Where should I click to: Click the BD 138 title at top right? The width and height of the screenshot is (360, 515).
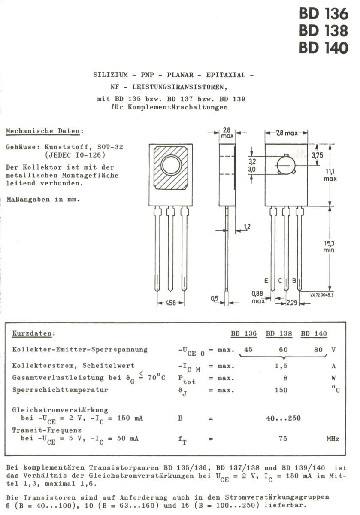click(x=324, y=31)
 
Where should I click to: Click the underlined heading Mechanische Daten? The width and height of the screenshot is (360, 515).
click(x=45, y=131)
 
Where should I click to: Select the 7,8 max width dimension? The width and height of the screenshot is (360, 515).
click(x=286, y=133)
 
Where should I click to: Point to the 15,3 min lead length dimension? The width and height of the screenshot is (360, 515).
click(x=329, y=246)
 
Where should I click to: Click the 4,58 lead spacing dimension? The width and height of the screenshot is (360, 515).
click(x=170, y=303)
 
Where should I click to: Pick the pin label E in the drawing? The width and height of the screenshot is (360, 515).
click(x=266, y=281)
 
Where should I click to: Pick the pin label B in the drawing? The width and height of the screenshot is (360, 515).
click(x=294, y=281)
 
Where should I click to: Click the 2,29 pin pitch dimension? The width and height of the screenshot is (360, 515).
click(x=293, y=303)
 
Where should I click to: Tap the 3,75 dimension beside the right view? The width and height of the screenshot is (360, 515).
click(x=318, y=155)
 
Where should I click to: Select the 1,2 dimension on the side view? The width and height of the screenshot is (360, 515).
click(x=248, y=226)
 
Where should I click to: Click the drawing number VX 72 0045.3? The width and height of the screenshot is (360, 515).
click(x=322, y=295)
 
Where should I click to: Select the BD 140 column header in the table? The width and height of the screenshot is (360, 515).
click(x=314, y=334)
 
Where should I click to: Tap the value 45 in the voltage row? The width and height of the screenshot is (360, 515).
click(x=248, y=350)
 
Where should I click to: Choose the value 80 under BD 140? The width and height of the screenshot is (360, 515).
click(x=318, y=350)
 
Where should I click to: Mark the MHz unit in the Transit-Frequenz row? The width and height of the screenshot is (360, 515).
click(x=333, y=439)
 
